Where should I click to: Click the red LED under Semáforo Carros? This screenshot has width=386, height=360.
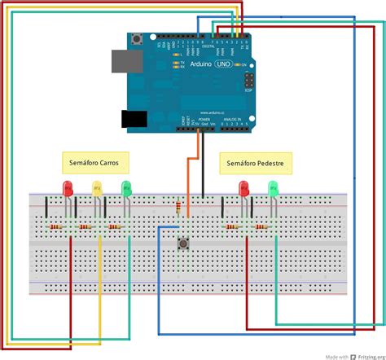pos(68,189)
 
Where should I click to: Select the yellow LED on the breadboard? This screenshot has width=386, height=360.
pos(97,189)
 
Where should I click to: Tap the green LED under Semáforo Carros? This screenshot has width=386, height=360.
pos(126,189)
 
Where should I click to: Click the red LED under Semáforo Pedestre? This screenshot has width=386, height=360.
pos(243,189)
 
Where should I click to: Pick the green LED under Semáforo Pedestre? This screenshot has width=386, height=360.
pos(273,189)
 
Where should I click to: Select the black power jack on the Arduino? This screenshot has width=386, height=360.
pos(130,120)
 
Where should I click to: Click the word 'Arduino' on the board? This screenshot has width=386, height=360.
pos(196,73)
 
